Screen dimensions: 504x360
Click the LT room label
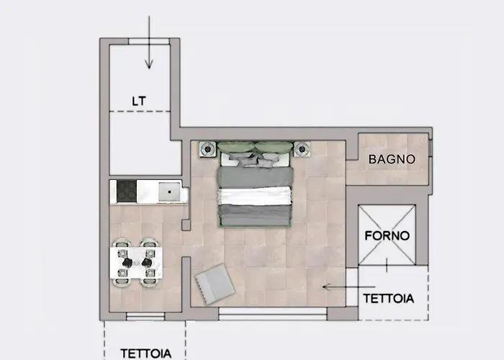tap(139, 102)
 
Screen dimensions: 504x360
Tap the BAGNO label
tap(392, 159)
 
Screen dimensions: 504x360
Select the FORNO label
tap(387, 236)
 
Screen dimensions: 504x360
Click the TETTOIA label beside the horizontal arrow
tap(389, 299)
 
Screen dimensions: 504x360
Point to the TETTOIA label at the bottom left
tap(146, 354)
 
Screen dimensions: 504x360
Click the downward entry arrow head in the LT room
tap(149, 64)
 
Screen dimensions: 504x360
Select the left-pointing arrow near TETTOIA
tap(348, 287)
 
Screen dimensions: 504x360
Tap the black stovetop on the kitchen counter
tap(127, 191)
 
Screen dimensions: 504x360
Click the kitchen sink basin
tap(169, 192)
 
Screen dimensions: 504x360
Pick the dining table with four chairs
tap(136, 263)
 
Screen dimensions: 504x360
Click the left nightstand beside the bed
tap(207, 149)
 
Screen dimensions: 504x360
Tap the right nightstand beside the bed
tap(302, 149)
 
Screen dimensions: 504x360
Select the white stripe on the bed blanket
tap(255, 197)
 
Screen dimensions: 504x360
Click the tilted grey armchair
tap(215, 284)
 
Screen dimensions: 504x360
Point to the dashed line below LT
tap(140, 112)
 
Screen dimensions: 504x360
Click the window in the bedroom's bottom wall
tap(273, 314)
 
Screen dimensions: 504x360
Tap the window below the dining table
tap(145, 316)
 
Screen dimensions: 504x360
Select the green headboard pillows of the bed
tap(255, 147)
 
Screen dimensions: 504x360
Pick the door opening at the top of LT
tap(149, 42)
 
